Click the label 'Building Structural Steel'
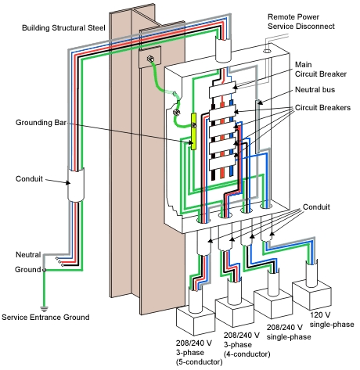(x=63, y=28)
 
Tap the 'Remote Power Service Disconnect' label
(x=301, y=22)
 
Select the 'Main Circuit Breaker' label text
(x=321, y=70)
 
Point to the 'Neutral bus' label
(x=315, y=90)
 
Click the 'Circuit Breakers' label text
(x=322, y=108)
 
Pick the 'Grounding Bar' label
(x=41, y=123)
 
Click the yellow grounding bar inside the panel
(x=193, y=131)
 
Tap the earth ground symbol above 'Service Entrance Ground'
(x=44, y=309)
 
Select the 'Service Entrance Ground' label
(x=45, y=318)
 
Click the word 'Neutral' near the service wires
(x=28, y=255)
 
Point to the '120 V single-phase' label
(x=332, y=320)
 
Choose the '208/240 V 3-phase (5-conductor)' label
(x=199, y=353)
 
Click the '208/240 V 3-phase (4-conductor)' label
(x=247, y=345)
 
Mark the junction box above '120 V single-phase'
(x=312, y=295)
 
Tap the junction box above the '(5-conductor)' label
(x=196, y=320)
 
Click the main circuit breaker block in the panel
(x=222, y=89)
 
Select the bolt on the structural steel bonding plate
(x=150, y=59)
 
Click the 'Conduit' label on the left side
(x=29, y=179)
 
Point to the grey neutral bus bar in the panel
(x=257, y=126)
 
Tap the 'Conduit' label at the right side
(x=316, y=207)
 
